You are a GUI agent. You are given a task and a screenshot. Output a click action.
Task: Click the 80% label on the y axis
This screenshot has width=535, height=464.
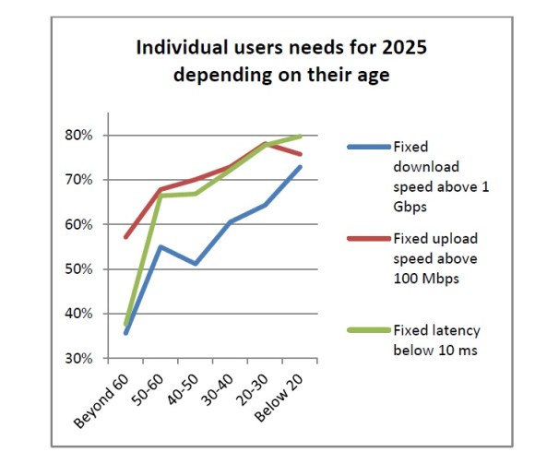[78, 136]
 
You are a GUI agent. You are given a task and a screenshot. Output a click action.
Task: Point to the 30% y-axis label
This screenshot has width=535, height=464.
[78, 359]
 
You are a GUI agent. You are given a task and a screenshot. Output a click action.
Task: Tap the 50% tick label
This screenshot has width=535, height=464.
[78, 269]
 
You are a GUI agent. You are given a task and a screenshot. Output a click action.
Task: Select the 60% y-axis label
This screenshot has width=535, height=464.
[78, 225]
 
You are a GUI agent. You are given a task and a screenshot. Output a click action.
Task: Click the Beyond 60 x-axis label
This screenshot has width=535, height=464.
[101, 401]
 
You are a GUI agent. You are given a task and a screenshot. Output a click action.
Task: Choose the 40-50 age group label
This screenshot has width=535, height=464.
[183, 390]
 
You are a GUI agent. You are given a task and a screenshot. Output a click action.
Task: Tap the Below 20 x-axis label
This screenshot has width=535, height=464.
[279, 399]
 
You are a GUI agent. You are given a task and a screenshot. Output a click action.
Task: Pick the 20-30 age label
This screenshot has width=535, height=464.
[253, 390]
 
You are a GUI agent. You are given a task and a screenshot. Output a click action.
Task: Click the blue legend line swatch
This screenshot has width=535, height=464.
[369, 147]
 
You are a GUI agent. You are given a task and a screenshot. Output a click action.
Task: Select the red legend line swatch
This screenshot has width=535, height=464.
[369, 239]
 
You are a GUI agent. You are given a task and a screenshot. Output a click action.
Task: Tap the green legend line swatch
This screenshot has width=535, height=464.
[369, 330]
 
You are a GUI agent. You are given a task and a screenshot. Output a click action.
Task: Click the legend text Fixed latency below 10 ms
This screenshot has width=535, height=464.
[436, 340]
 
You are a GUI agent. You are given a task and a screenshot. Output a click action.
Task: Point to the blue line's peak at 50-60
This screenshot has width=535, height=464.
[160, 246]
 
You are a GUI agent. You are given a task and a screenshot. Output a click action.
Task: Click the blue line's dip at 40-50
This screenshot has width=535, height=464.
[196, 264]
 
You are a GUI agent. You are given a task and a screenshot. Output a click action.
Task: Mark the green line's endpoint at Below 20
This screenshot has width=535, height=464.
[301, 137]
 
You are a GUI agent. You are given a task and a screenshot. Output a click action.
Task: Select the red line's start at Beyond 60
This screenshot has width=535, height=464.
[125, 237]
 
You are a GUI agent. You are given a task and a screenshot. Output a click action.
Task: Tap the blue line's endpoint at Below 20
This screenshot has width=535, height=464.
[301, 167]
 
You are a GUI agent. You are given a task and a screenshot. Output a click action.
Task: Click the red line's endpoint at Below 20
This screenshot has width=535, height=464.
[301, 154]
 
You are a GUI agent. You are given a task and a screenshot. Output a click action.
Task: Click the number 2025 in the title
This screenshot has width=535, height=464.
[404, 47]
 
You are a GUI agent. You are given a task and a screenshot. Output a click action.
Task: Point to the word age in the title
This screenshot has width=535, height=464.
[374, 76]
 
